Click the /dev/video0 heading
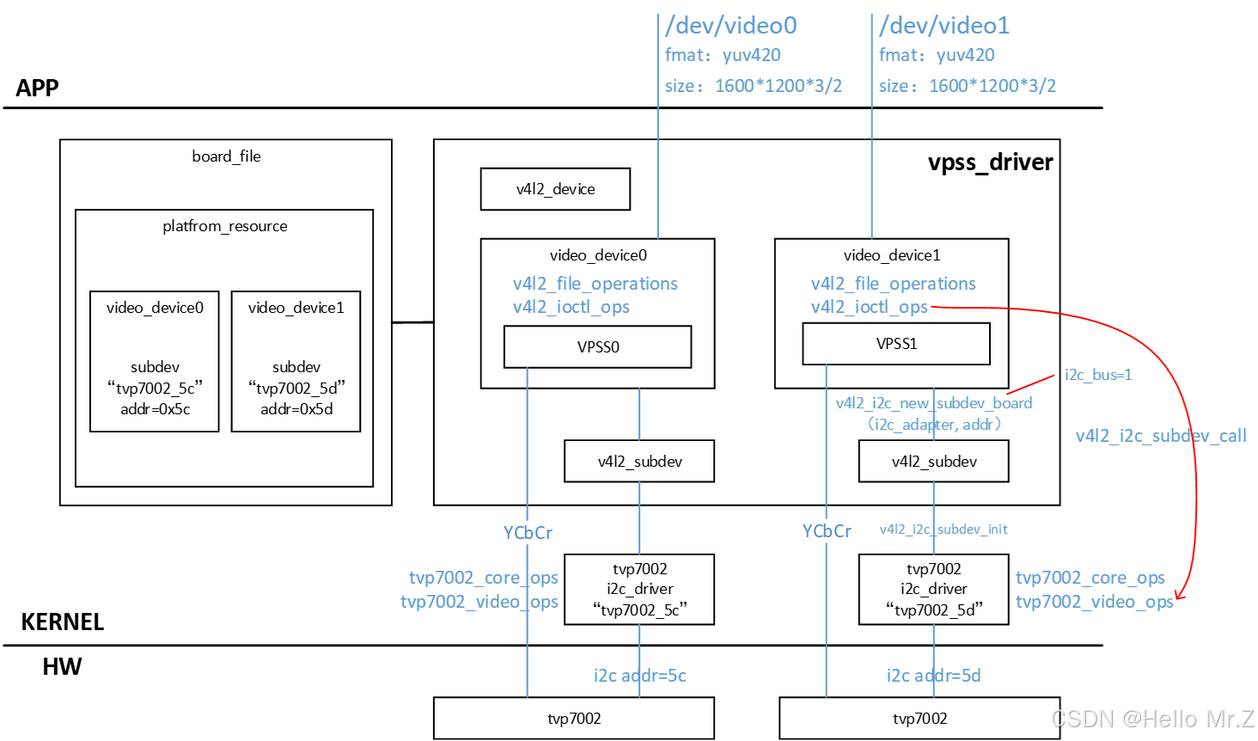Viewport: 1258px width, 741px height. click(x=731, y=26)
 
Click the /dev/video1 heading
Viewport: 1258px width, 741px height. click(x=944, y=26)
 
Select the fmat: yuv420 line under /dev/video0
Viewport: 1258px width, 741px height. click(x=723, y=56)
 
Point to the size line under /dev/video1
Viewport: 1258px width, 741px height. click(x=968, y=86)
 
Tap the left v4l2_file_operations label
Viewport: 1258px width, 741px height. click(x=595, y=284)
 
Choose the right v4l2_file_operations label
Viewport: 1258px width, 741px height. click(x=893, y=284)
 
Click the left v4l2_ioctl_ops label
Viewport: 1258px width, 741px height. click(x=571, y=307)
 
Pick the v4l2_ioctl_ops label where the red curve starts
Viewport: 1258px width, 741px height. click(x=870, y=307)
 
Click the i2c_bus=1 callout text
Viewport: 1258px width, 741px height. click(x=1098, y=375)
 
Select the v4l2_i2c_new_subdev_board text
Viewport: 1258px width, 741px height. click(x=934, y=403)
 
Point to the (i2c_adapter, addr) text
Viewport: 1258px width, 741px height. click(x=934, y=425)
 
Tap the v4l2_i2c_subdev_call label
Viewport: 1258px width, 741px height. click(x=1161, y=436)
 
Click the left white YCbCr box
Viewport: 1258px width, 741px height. click(x=528, y=533)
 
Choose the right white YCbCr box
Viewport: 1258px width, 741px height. click(x=827, y=531)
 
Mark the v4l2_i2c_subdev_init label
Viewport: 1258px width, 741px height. click(x=943, y=530)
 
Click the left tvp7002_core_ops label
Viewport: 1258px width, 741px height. click(x=484, y=578)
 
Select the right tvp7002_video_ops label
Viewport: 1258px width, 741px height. click(x=1094, y=602)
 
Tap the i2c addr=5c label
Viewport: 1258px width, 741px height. click(x=640, y=676)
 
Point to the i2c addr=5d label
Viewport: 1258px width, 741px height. click(x=934, y=676)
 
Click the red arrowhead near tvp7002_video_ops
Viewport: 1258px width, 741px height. click(x=1180, y=595)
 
